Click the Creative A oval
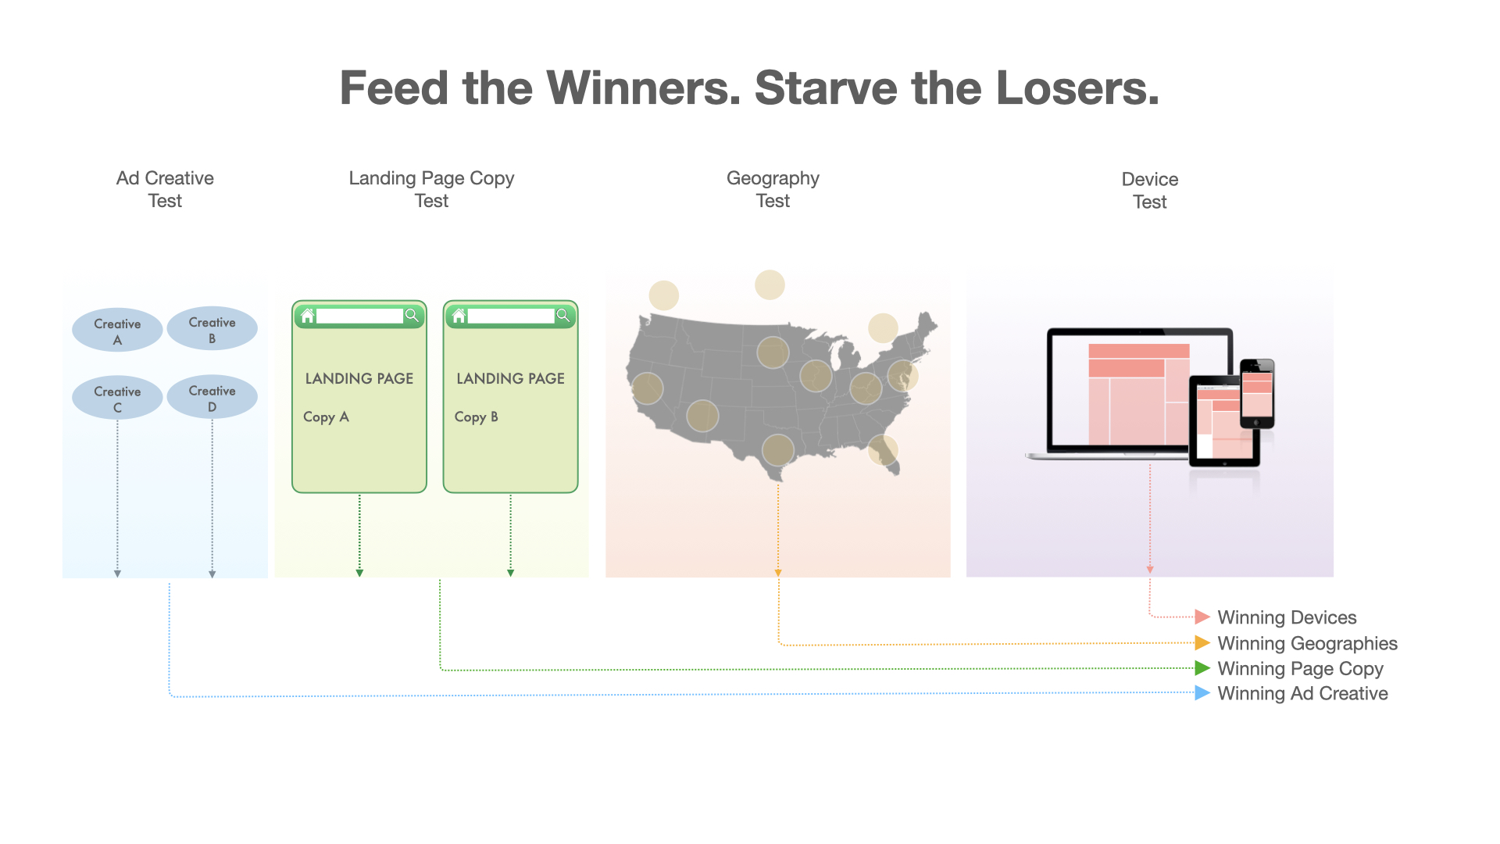[117, 330]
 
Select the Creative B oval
[212, 328]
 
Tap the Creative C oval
[117, 398]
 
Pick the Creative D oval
[212, 397]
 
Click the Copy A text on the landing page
[326, 417]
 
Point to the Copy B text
[477, 417]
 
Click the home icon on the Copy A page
[307, 316]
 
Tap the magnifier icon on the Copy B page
[562, 315]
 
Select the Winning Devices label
[1287, 617]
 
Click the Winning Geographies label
[1307, 643]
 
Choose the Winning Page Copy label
[1300, 669]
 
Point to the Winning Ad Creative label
[1302, 693]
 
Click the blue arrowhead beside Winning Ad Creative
[1202, 693]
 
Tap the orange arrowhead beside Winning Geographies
[1202, 643]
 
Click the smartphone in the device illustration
[1257, 393]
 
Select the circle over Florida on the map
[884, 450]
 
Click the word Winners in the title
[643, 88]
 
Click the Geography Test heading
[773, 189]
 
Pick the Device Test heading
[1150, 190]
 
